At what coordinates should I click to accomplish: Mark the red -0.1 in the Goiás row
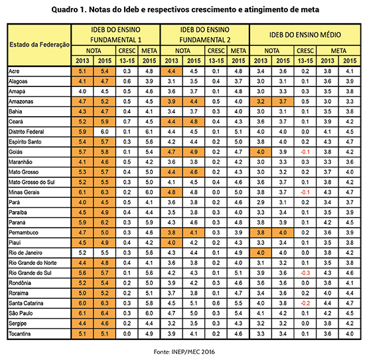pos(305,152)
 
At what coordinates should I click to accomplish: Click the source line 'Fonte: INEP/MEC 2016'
pos(183,349)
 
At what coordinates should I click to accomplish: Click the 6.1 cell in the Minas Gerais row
pos(82,191)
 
